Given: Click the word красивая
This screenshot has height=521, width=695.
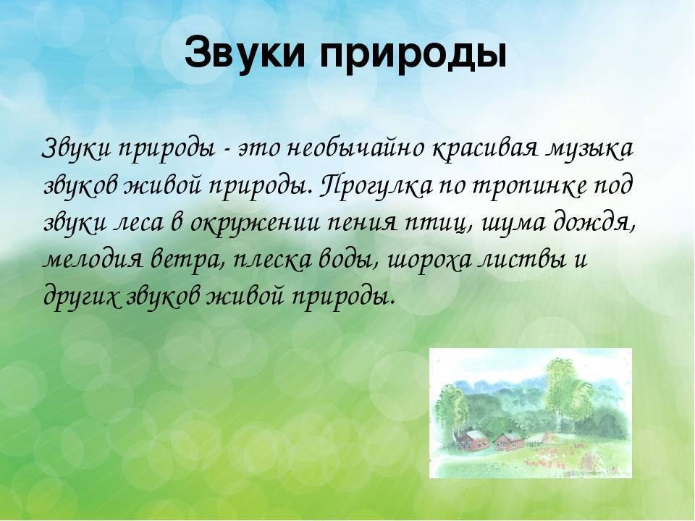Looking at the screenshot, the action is coord(486,150).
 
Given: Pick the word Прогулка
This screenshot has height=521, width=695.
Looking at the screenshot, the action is coord(375,186).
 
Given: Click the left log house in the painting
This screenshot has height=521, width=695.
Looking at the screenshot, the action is coord(473,439).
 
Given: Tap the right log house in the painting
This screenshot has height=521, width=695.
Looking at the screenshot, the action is coord(509,441).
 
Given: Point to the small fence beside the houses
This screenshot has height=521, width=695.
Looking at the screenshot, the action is coord(534,441).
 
